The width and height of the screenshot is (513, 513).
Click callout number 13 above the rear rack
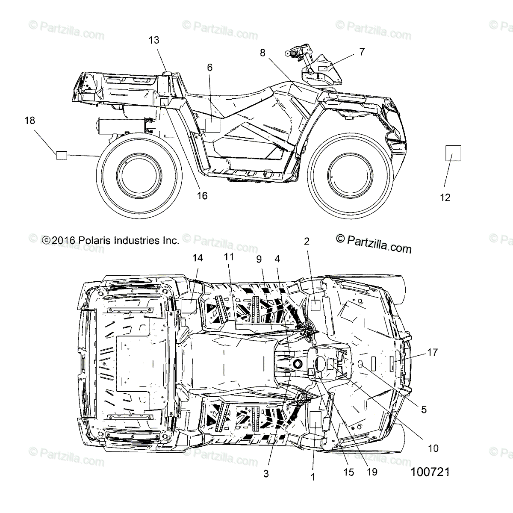[x=154, y=40]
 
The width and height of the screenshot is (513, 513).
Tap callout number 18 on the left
[x=29, y=121]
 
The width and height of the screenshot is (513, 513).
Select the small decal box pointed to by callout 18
[x=62, y=155]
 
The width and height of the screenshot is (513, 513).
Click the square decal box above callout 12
[x=453, y=153]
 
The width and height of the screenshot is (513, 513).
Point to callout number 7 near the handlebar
[x=362, y=52]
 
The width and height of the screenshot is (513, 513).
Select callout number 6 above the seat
[x=209, y=67]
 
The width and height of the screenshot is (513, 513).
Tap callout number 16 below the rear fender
[x=202, y=195]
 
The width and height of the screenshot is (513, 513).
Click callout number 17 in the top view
[x=432, y=353]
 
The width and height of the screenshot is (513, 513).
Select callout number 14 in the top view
[x=198, y=258]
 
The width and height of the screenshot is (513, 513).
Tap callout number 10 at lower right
[x=433, y=448]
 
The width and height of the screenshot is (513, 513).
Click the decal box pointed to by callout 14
[x=189, y=306]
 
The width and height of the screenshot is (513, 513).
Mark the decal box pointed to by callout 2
[x=315, y=305]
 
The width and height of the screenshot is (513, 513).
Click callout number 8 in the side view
[x=262, y=53]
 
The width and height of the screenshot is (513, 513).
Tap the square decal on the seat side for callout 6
[x=212, y=125]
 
